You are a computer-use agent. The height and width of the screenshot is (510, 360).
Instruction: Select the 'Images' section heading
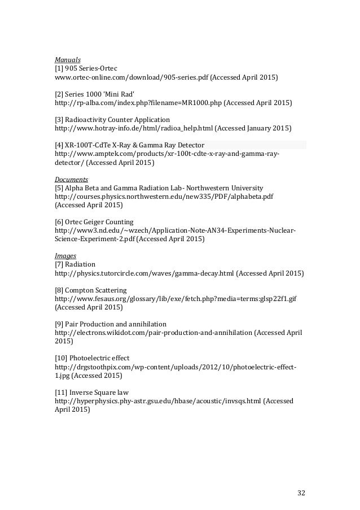(65, 255)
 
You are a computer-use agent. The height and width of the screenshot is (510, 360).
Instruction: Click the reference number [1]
(59, 68)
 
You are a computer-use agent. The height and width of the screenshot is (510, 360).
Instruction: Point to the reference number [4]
(59, 145)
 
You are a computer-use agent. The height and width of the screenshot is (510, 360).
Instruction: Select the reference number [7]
(59, 264)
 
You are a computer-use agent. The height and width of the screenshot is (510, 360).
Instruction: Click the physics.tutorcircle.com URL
(144, 273)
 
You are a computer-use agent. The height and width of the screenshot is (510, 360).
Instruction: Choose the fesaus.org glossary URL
(174, 299)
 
